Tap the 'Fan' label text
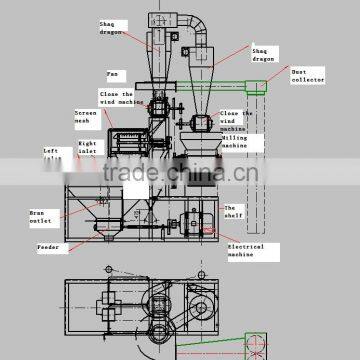pos(113,73)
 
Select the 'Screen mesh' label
pos(86,117)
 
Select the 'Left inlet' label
pos(51,154)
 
